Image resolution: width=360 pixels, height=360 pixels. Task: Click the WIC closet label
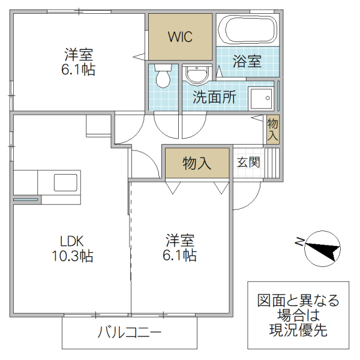tap(180, 37)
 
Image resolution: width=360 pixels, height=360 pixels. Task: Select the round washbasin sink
tap(195, 76)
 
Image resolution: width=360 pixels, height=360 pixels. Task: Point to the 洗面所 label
tap(214, 98)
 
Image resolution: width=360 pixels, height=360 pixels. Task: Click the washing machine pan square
tap(262, 98)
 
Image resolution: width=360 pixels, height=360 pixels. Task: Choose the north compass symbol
tap(321, 247)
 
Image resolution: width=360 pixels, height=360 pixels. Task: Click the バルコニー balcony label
tap(130, 332)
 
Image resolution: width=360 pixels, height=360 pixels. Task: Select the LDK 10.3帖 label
tap(76, 248)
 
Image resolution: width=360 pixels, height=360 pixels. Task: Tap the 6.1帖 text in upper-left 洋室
tap(79, 69)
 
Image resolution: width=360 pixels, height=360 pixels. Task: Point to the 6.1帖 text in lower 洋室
tap(180, 256)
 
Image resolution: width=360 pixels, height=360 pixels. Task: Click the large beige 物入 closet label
tap(196, 163)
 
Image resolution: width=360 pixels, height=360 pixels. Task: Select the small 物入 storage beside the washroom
tap(272, 130)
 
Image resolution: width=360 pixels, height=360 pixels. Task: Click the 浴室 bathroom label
tap(247, 61)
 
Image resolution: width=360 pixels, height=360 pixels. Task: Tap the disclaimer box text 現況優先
tap(298, 329)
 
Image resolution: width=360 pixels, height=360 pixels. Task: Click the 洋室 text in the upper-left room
tap(79, 54)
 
